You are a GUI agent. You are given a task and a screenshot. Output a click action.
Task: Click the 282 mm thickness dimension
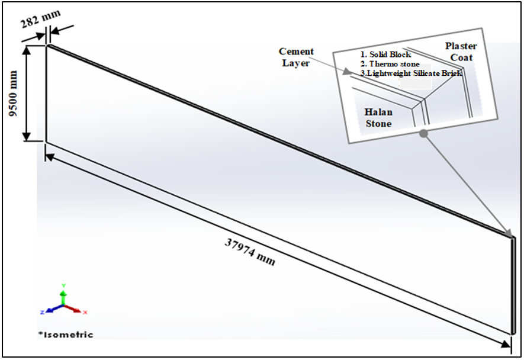(x=41, y=19)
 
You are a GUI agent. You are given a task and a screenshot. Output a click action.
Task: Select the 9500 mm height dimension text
(x=14, y=94)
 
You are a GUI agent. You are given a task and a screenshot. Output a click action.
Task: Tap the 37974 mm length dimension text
(x=250, y=252)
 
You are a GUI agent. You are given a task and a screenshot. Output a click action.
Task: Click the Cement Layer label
(x=296, y=57)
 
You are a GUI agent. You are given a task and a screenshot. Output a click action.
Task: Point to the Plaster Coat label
(x=461, y=52)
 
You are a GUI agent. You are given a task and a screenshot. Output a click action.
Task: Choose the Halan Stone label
(x=378, y=118)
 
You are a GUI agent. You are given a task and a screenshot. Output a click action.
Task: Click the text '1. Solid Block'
(x=385, y=54)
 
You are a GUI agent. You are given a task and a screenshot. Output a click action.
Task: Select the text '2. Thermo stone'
(x=390, y=64)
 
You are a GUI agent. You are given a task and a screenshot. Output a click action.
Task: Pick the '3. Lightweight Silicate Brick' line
(x=412, y=73)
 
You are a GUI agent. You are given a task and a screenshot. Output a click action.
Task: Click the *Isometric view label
(x=66, y=335)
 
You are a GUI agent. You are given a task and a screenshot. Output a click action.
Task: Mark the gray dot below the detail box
(x=424, y=134)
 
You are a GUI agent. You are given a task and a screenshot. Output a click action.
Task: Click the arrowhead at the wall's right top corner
(x=508, y=233)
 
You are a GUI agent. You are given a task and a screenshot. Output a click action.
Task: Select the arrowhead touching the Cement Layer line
(x=347, y=71)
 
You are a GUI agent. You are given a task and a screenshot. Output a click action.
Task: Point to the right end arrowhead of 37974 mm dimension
(x=506, y=344)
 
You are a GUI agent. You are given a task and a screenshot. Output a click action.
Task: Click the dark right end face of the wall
(x=513, y=285)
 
